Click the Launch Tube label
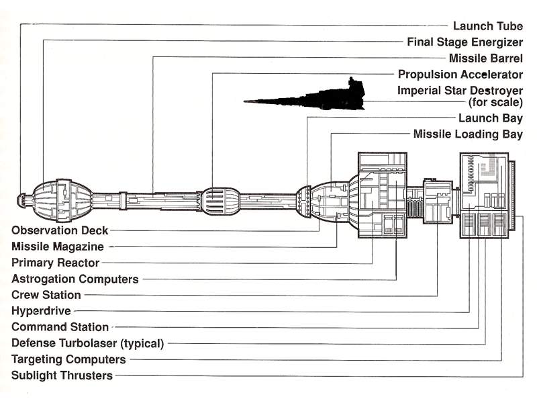coord(487,26)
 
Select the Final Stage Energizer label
coord(465,42)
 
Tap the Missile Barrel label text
coord(486,58)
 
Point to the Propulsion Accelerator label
coord(460,75)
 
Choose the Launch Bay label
coord(490,118)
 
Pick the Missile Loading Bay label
coord(468,134)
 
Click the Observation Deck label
coord(60,230)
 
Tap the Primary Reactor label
coord(55,263)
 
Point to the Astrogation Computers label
coord(75,279)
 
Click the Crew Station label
coord(46,295)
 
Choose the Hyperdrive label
coord(41,311)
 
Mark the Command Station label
coord(60,327)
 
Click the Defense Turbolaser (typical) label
coord(88,343)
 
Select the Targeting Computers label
coord(68,359)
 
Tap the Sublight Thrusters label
coord(62,375)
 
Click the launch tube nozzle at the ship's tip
coord(22,199)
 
